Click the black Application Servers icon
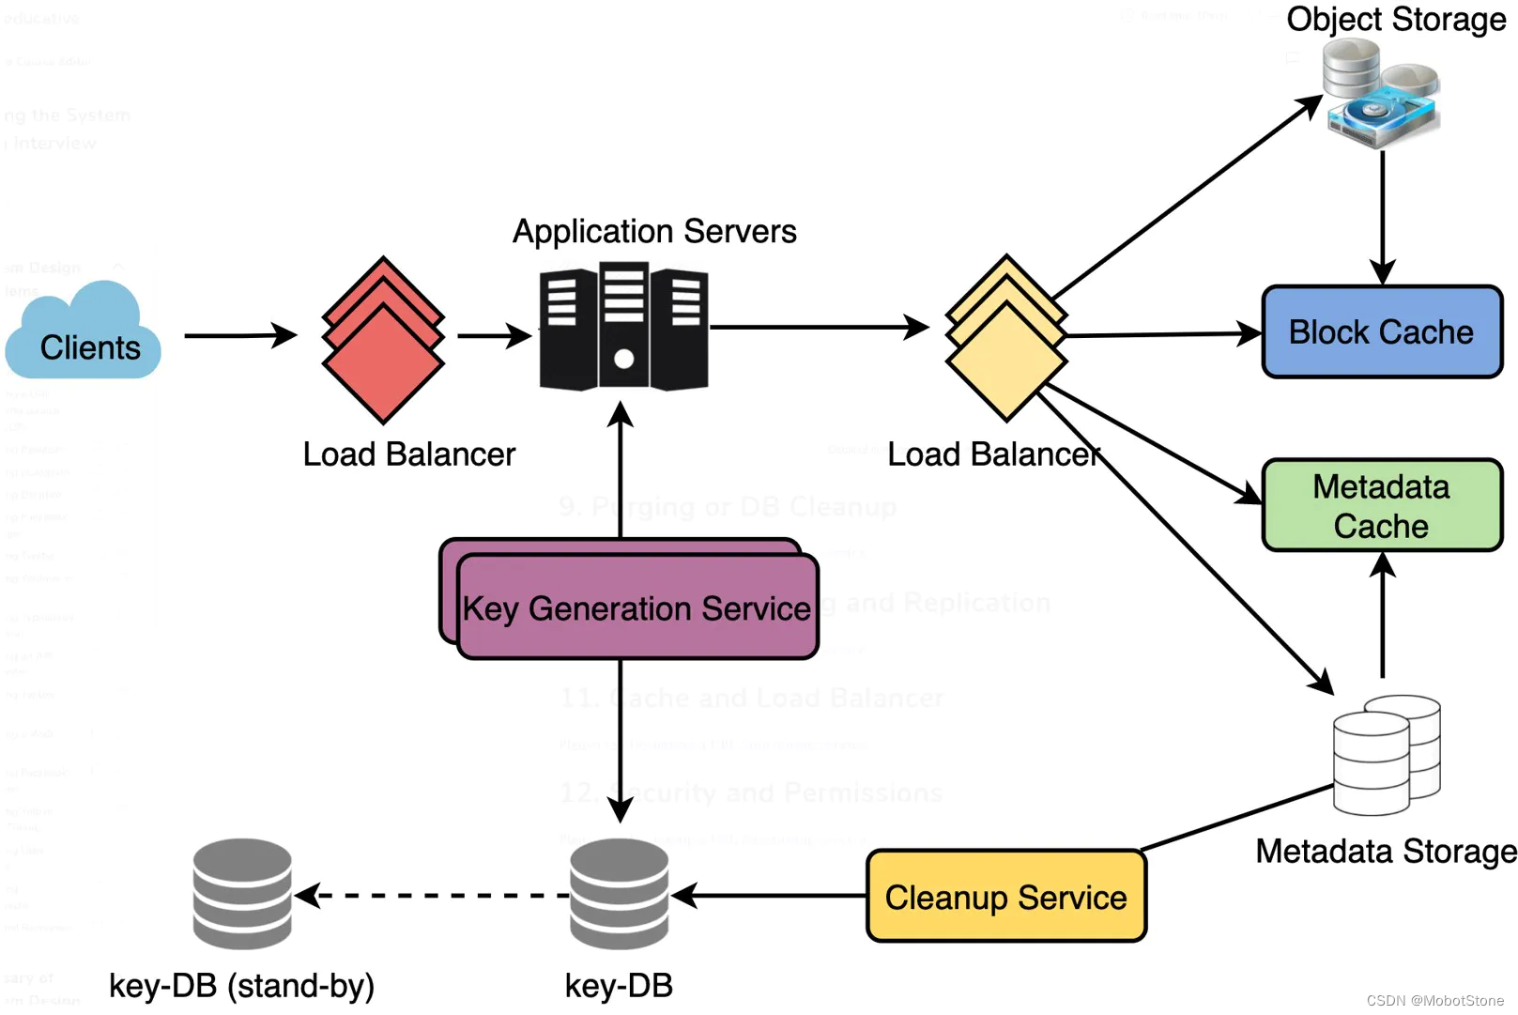623,328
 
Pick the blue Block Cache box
1382,332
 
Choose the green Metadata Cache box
1382,505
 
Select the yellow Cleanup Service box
1005,897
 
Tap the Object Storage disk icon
1380,93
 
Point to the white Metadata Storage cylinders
1386,755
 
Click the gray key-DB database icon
619,894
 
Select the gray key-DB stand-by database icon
242,894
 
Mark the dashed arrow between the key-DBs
432,896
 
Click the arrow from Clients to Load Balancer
240,335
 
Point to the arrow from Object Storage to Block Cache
1382,216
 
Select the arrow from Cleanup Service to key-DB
770,896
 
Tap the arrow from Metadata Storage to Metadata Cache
1382,615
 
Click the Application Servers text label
654,231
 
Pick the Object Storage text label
1396,19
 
